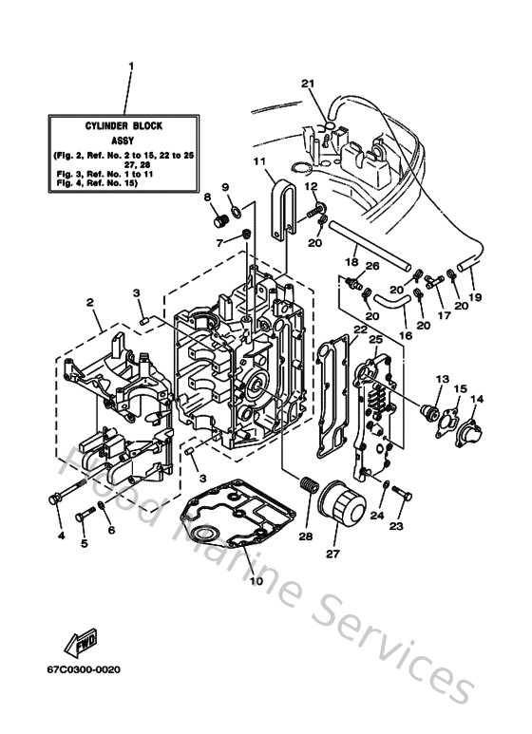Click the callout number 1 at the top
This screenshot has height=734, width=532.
point(131,67)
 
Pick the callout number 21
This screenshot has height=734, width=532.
point(307,84)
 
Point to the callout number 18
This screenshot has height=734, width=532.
point(351,260)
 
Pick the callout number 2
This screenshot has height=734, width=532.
point(90,303)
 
